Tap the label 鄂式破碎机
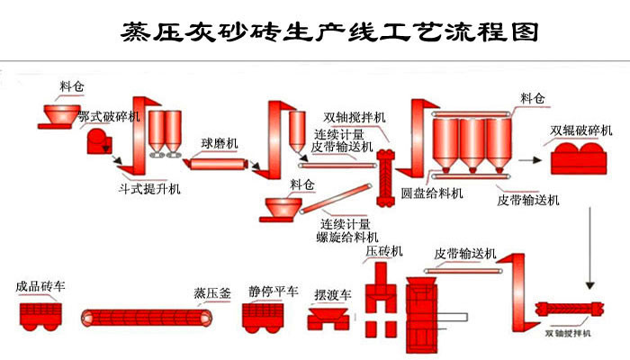click(x=109, y=117)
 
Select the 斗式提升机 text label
click(x=149, y=189)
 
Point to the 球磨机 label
click(x=220, y=143)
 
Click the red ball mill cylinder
click(x=217, y=163)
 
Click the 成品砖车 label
click(x=40, y=286)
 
